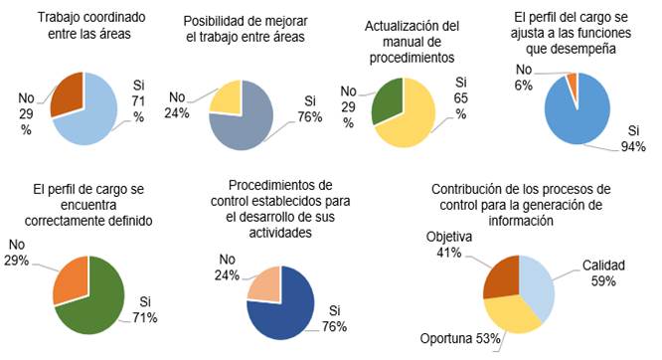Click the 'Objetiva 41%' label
click(444, 246)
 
